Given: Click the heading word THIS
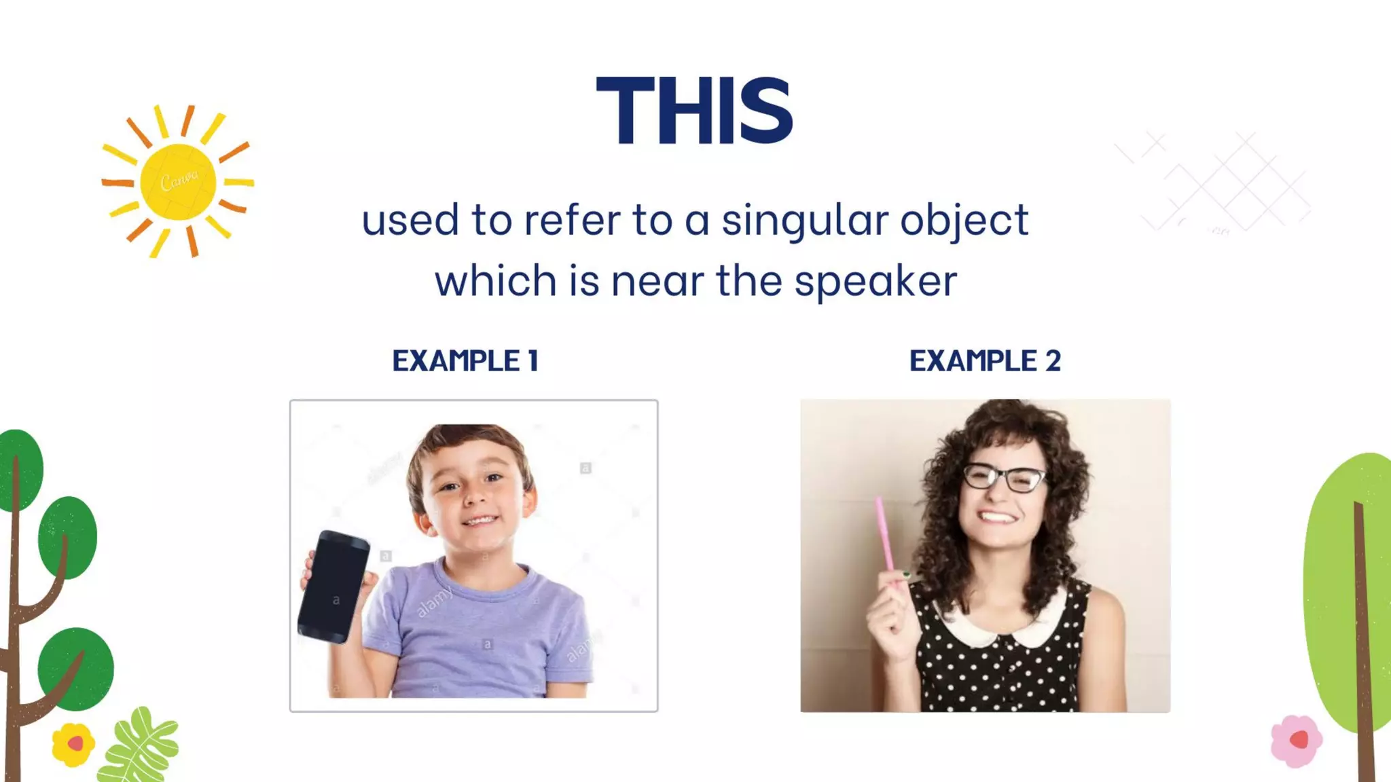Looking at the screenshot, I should pyautogui.click(x=694, y=110).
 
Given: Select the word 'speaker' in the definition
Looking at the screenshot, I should pyautogui.click(x=875, y=281).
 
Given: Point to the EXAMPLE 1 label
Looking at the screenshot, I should pyautogui.click(x=465, y=360).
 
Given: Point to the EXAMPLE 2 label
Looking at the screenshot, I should pyautogui.click(x=985, y=360).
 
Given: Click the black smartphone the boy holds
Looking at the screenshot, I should pyautogui.click(x=333, y=586).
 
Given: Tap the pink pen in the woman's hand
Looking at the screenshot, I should pyautogui.click(x=884, y=534).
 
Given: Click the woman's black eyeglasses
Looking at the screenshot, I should pyautogui.click(x=1004, y=477).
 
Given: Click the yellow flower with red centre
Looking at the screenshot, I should pyautogui.click(x=73, y=744).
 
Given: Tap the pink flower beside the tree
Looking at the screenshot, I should pyautogui.click(x=1297, y=741).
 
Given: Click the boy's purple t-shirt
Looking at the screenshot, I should pyautogui.click(x=475, y=631).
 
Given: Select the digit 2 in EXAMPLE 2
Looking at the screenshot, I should pyautogui.click(x=1053, y=360).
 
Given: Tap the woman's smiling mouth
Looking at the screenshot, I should pyautogui.click(x=997, y=517).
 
